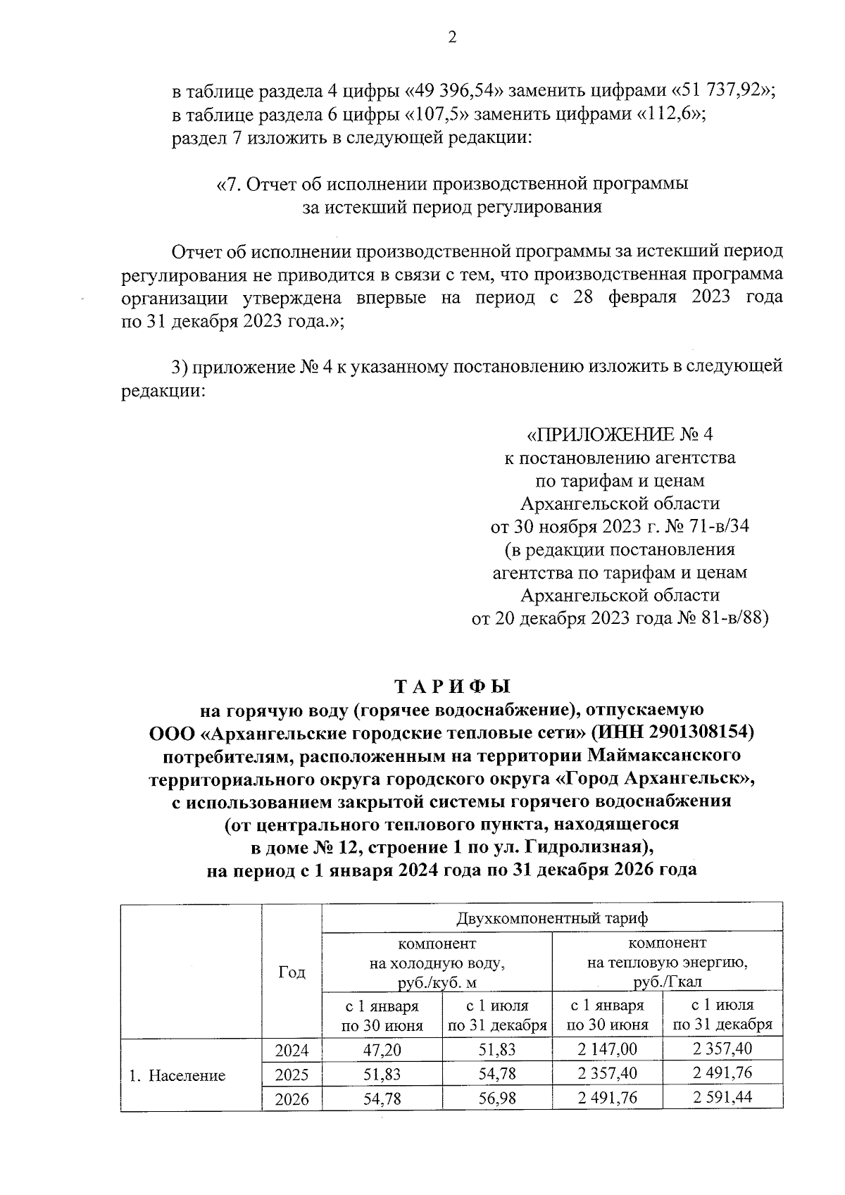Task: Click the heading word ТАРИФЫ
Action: point(451,687)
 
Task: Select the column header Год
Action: point(292,972)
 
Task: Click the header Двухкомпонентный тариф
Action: point(552,918)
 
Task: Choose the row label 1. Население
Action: point(177,1075)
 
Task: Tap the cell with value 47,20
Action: point(382,1050)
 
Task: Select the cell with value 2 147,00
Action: point(607,1050)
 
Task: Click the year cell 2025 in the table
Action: point(292,1075)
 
